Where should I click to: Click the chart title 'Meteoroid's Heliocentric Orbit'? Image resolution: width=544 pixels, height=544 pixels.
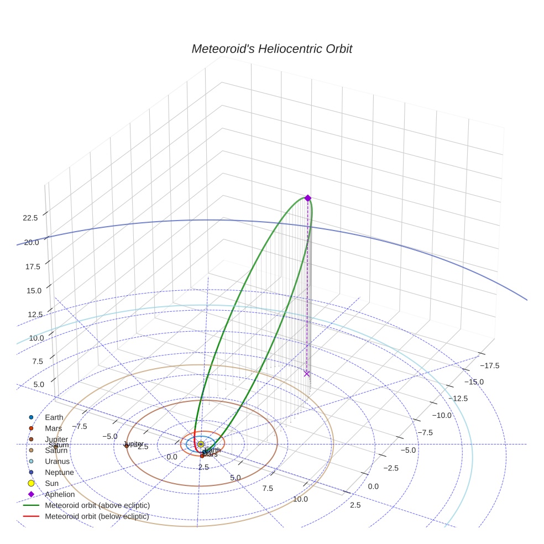pos(271,49)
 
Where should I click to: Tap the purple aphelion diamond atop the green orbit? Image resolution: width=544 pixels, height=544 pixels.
pos(308,198)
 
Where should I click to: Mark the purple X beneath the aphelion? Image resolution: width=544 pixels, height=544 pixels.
pos(307,374)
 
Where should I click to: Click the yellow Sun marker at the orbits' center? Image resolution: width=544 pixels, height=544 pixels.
pos(201,444)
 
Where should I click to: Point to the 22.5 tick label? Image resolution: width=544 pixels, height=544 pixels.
pos(30,218)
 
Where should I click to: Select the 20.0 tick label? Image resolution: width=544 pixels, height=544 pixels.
pos(31,242)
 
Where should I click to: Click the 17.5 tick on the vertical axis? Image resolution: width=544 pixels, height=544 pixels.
pos(33,266)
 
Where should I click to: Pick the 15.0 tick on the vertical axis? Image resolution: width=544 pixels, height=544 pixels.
pos(34,290)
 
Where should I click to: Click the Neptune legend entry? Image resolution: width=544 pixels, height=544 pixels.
pos(59,472)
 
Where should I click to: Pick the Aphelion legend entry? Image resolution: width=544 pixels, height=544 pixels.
pos(60,494)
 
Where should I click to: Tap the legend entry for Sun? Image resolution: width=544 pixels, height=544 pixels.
pos(51,483)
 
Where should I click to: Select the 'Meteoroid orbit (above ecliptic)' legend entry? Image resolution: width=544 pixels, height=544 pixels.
pos(97,505)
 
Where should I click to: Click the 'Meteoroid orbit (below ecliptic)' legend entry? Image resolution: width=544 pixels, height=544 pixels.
pos(97,516)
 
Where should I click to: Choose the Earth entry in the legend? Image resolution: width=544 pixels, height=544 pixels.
pos(54,417)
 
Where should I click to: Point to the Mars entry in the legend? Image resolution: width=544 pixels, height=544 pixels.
pos(53,428)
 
